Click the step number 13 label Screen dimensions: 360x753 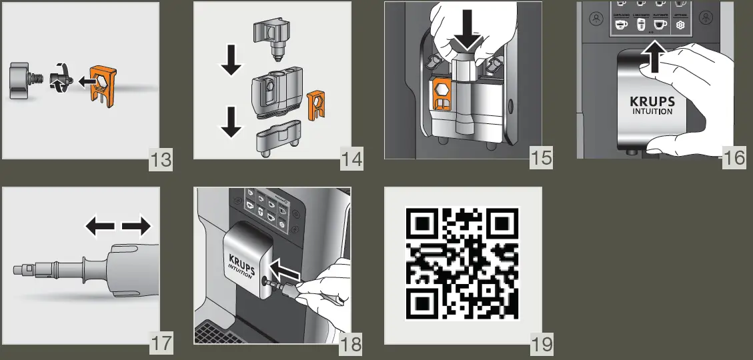click(x=160, y=160)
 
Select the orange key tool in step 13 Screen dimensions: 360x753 click(x=103, y=86)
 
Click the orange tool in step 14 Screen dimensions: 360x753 click(x=315, y=107)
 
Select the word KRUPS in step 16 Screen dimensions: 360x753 click(x=652, y=103)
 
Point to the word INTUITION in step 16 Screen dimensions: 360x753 click(x=652, y=113)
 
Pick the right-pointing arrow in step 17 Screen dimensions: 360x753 click(x=137, y=228)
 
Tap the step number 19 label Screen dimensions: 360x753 click(x=542, y=345)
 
